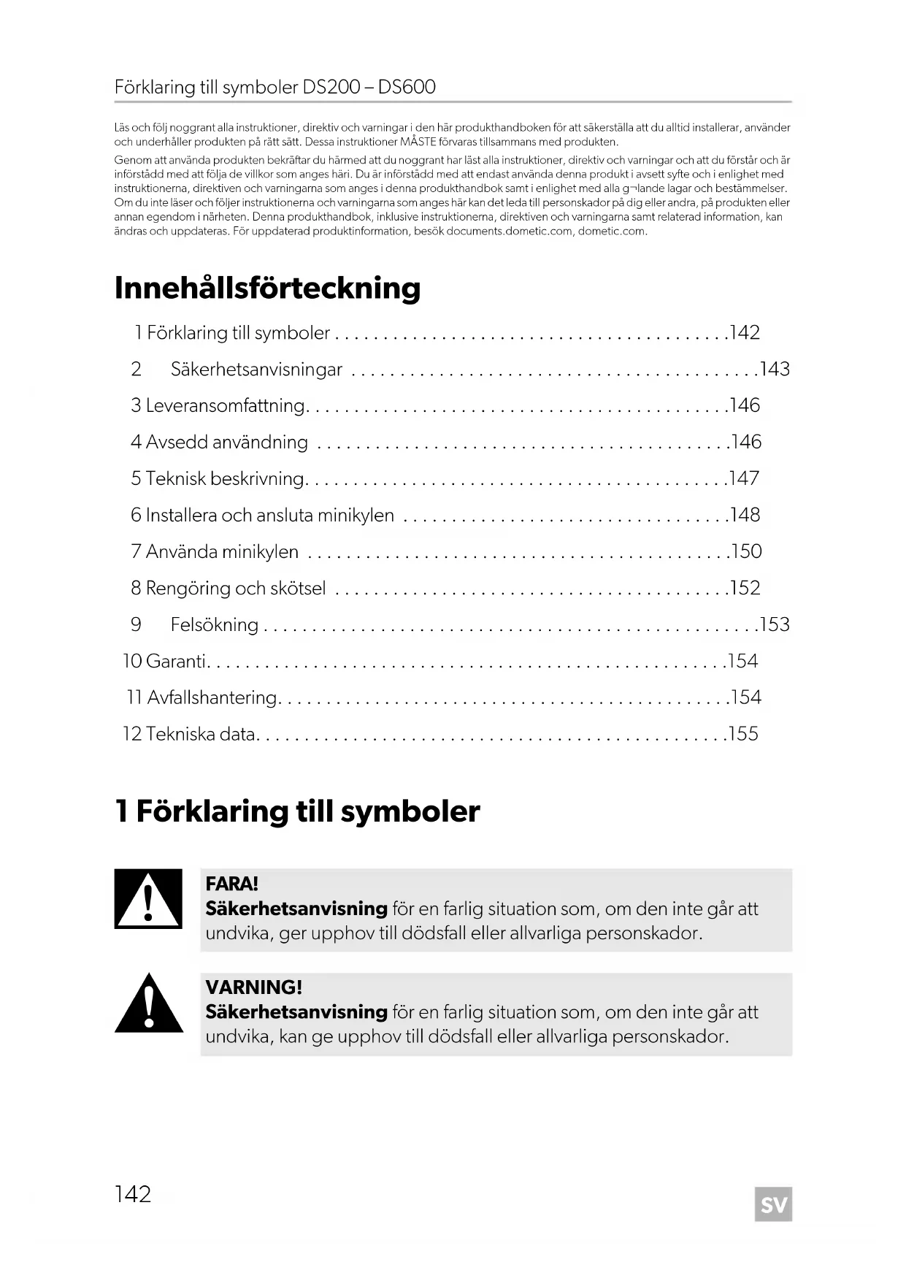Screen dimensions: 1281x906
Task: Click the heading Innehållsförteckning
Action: (267, 288)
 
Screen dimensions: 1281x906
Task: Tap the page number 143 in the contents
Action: (775, 369)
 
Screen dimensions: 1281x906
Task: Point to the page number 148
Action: (745, 515)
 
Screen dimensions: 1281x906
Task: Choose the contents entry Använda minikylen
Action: (222, 551)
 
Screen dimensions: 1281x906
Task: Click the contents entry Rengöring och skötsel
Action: (235, 588)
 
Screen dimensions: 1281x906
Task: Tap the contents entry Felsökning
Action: (214, 624)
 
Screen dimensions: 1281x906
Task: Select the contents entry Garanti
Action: (176, 661)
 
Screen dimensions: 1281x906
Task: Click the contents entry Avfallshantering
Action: (212, 697)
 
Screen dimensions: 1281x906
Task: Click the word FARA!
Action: (232, 884)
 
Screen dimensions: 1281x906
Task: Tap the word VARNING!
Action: (253, 987)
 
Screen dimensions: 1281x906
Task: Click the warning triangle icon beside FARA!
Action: (148, 899)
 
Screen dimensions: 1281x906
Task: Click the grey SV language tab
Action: (773, 1204)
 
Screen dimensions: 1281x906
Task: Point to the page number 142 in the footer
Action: (133, 1194)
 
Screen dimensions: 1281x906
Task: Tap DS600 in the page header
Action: (407, 88)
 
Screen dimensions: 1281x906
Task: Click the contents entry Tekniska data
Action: (200, 734)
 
